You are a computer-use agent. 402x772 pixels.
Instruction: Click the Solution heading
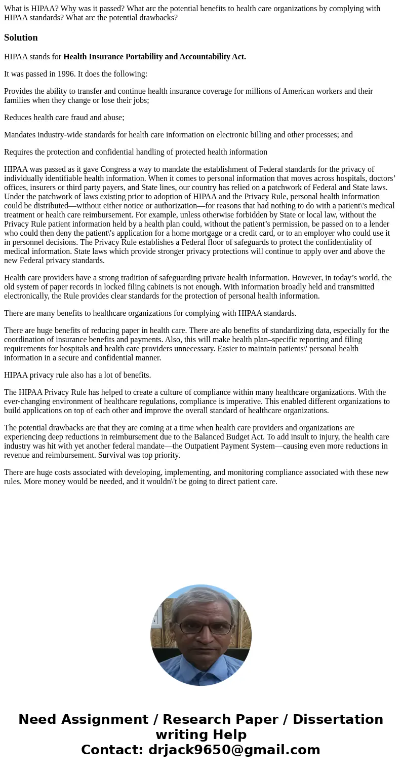point(21,38)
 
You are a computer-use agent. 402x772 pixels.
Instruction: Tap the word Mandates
point(20,135)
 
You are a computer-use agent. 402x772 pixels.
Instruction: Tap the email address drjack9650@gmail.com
point(234,750)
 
